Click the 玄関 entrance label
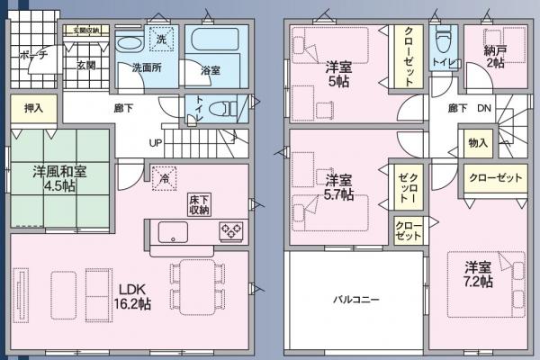(x=85, y=65)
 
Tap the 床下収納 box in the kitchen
(x=199, y=203)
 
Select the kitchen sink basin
(x=174, y=232)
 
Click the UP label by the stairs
(x=155, y=143)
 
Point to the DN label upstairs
(x=483, y=109)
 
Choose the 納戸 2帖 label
(x=494, y=56)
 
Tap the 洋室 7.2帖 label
(x=478, y=274)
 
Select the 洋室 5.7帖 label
(x=339, y=187)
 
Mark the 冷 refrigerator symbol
(x=164, y=177)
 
